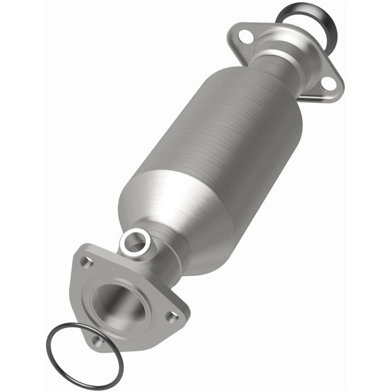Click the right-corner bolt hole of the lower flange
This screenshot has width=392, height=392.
point(173,316)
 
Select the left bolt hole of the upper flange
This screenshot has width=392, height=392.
point(246,37)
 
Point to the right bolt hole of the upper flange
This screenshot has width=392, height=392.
point(328,83)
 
